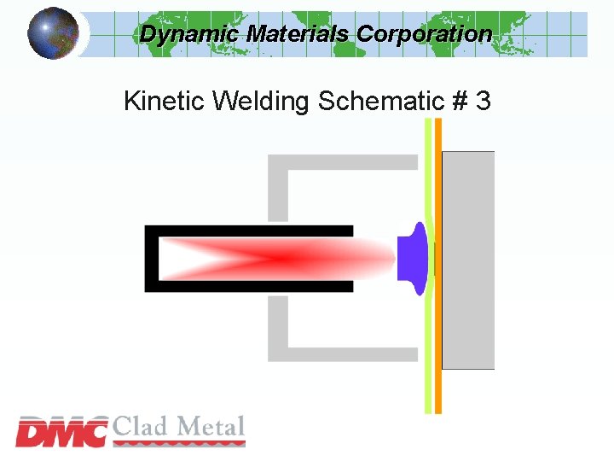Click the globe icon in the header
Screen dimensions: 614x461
[53, 32]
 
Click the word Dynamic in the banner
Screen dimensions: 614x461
[189, 34]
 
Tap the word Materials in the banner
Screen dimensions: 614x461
[298, 34]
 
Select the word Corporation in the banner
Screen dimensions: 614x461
[424, 34]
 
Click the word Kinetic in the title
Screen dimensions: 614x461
[165, 101]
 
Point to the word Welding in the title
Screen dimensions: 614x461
[261, 101]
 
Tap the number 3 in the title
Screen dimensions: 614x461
[484, 101]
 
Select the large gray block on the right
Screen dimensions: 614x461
[468, 260]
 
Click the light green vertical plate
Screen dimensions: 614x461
[428, 341]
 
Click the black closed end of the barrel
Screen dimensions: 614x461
[151, 259]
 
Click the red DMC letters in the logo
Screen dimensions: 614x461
[62, 432]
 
